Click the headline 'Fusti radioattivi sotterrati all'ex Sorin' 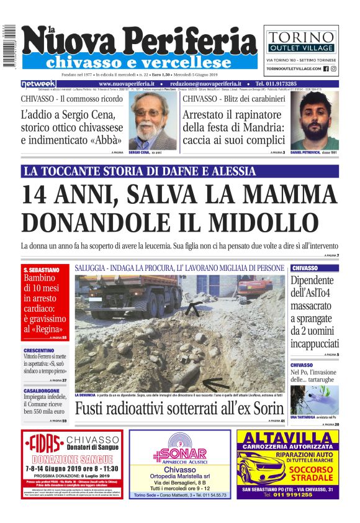180,409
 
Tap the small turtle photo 314,400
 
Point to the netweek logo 38,84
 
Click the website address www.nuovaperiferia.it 127,84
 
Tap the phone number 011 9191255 297,494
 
